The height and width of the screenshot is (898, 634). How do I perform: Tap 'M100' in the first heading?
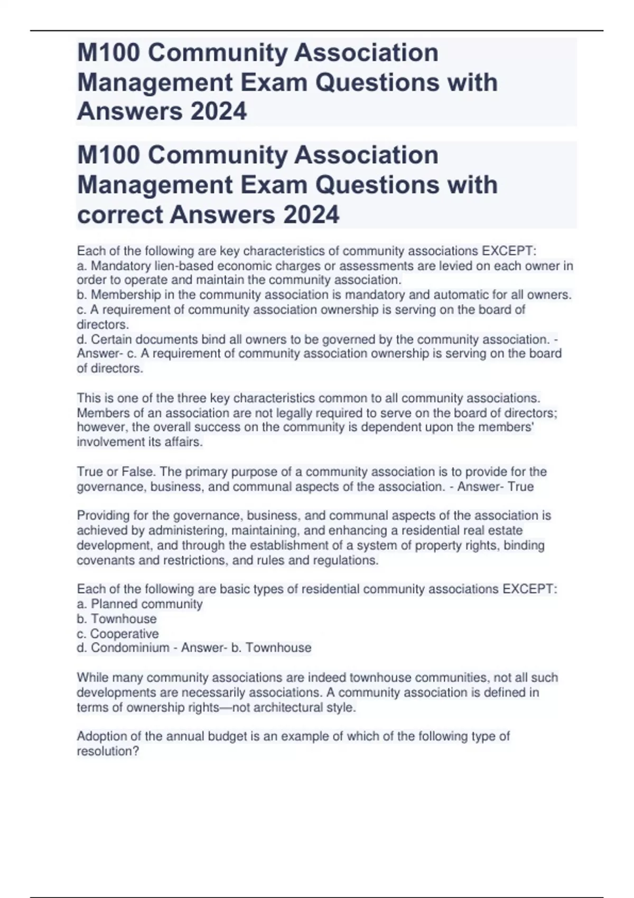(x=108, y=53)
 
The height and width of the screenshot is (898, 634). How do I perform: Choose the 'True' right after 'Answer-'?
(x=520, y=486)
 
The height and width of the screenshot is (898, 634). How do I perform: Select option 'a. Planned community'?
(x=139, y=604)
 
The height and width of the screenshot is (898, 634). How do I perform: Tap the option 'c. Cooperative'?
(x=117, y=633)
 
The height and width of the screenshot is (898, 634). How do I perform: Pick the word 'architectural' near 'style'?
(x=288, y=707)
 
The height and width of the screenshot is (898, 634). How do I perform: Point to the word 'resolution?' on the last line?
(x=108, y=751)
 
